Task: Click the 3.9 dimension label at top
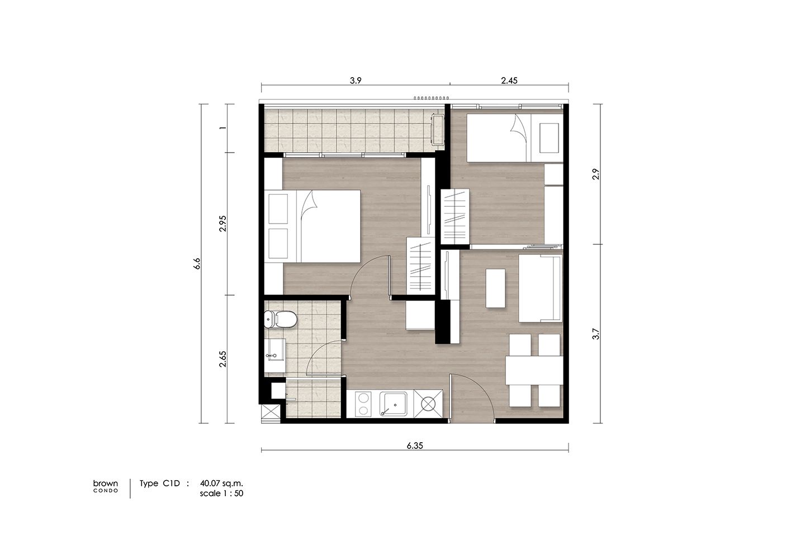point(356,80)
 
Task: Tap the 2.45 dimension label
point(509,80)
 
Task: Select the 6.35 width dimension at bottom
point(415,446)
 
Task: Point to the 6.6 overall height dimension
point(197,263)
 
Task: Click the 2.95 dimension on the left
point(223,223)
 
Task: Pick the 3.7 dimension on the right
point(596,334)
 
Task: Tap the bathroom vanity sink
point(275,355)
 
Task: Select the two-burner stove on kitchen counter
point(363,404)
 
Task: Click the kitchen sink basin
point(394,404)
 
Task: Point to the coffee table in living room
point(495,288)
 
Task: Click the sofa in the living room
point(540,288)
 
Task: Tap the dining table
point(534,371)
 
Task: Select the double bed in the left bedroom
point(312,226)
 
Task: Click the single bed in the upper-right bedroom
point(515,138)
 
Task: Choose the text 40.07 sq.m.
point(221,484)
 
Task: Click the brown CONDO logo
point(105,486)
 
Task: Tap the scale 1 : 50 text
point(221,493)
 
